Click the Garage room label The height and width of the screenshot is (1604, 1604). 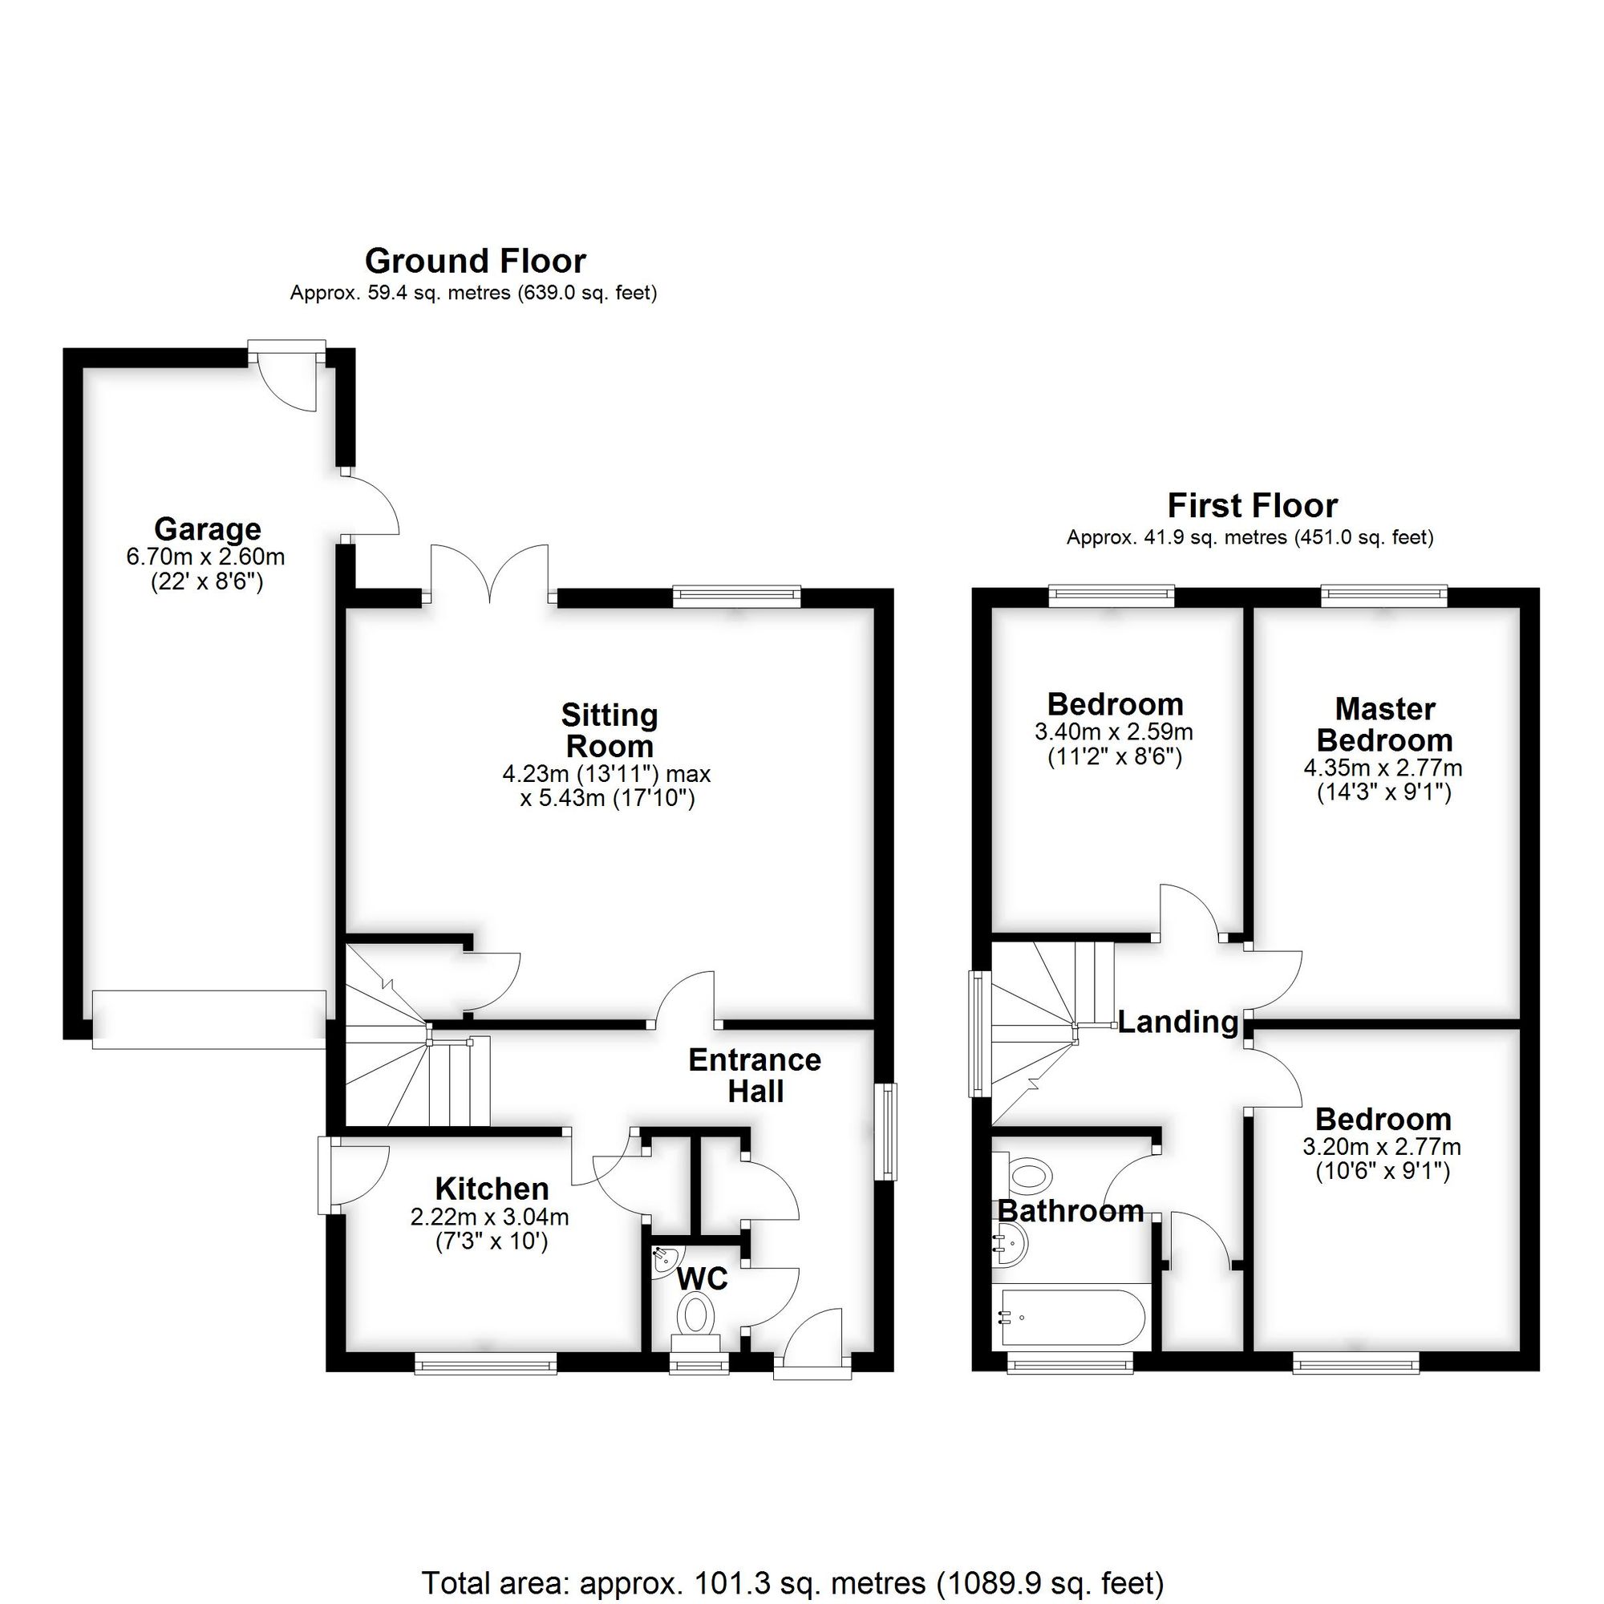tap(208, 529)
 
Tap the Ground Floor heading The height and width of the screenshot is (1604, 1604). tap(475, 261)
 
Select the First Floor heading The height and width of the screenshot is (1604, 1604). tap(1252, 505)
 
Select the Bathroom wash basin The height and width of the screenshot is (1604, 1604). tap(1010, 1246)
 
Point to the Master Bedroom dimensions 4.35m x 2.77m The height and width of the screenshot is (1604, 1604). tap(1383, 768)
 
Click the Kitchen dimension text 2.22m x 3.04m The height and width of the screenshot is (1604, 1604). tap(490, 1218)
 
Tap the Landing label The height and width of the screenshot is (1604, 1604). tap(1177, 1022)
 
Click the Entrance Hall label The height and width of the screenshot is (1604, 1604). tap(755, 1075)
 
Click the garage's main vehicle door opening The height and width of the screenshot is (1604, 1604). tap(209, 1019)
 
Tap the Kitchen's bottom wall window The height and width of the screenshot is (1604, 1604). tap(486, 1363)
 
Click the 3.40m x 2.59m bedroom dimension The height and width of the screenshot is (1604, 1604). tap(1113, 732)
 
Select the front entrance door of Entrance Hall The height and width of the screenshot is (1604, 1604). tap(812, 1345)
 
